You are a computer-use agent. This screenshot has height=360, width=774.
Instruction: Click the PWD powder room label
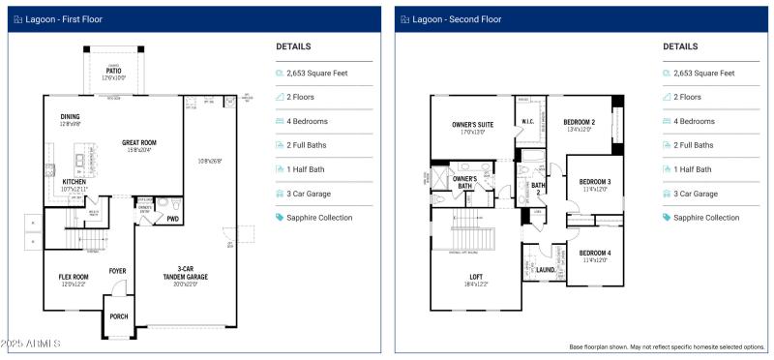(173, 219)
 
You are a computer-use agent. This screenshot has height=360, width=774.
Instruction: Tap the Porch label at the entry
(118, 316)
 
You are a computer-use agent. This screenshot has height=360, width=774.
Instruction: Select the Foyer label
(118, 271)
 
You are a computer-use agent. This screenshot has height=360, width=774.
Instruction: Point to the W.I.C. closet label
(528, 122)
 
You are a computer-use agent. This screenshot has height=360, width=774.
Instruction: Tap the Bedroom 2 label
(579, 123)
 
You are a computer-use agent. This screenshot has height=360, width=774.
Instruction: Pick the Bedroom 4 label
(594, 255)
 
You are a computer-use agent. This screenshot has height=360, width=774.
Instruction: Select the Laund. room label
(546, 270)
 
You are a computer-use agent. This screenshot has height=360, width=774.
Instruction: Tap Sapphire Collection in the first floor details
(319, 218)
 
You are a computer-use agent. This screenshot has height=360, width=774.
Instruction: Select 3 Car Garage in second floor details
(695, 194)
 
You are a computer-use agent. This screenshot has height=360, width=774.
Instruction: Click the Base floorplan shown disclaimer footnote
(667, 346)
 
